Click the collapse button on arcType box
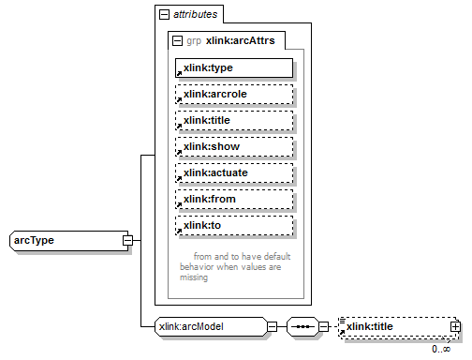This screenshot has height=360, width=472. [x=126, y=241]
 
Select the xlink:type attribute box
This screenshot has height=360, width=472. [x=234, y=68]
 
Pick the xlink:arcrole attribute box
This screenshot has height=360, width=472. [x=234, y=95]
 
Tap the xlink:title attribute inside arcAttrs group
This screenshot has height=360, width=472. [x=234, y=121]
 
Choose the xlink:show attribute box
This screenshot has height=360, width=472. [x=234, y=147]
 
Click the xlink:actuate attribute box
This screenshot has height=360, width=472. [x=234, y=173]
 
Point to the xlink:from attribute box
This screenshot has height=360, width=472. [x=234, y=200]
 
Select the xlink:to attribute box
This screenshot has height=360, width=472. [x=234, y=226]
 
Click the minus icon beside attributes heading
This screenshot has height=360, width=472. [x=165, y=15]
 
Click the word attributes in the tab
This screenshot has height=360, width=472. [x=196, y=15]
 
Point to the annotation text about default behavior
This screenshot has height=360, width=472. [x=229, y=266]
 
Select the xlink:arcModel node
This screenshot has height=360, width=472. [x=210, y=326]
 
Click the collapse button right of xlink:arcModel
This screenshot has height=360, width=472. [x=272, y=327]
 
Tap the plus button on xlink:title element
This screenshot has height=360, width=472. [x=456, y=327]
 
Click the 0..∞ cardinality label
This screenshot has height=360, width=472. [x=441, y=349]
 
